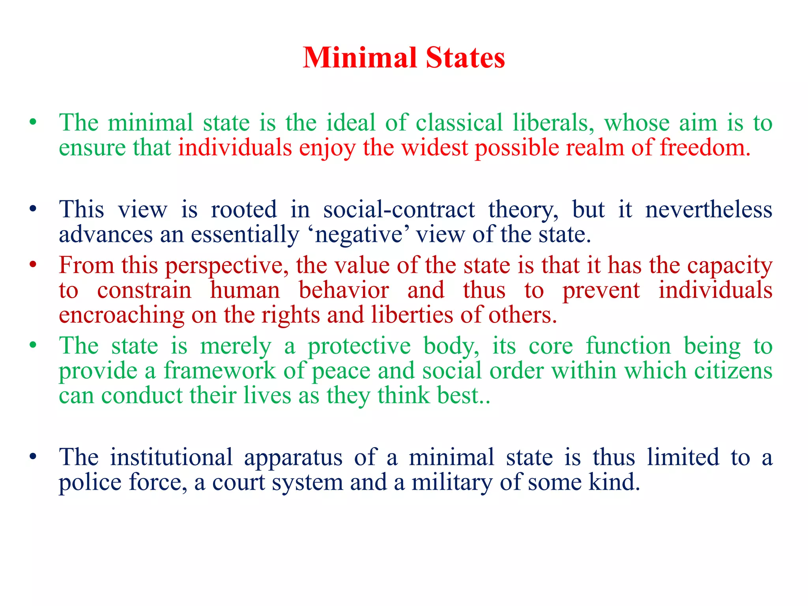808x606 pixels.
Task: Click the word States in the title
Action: click(466, 58)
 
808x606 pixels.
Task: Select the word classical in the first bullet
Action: click(459, 123)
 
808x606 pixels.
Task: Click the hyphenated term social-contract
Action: click(399, 209)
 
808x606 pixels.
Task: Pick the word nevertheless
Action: click(709, 209)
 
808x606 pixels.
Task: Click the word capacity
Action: click(729, 266)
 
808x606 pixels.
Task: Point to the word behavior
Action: click(344, 290)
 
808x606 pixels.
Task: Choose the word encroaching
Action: click(122, 315)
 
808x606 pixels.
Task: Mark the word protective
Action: click(359, 346)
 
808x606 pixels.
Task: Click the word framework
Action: click(220, 371)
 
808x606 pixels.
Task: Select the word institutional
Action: click(171, 458)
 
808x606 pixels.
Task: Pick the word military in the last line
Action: click(452, 483)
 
